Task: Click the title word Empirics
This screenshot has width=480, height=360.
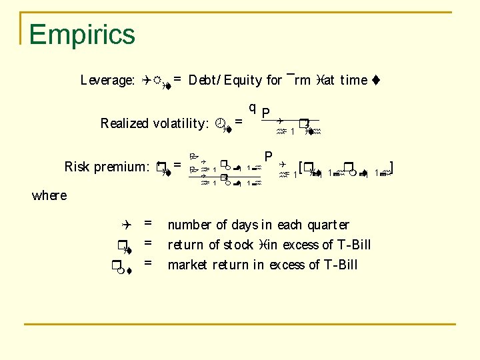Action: (82, 35)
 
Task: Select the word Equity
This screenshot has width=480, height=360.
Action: (243, 81)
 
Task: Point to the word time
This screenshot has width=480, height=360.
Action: (353, 81)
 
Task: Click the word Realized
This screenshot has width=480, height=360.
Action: (125, 123)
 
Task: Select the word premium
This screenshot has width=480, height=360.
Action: (127, 167)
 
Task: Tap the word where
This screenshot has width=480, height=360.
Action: (49, 195)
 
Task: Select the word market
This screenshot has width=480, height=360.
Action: (188, 265)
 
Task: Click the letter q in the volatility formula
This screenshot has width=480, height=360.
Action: (252, 108)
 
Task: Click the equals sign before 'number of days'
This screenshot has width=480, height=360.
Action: (148, 225)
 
